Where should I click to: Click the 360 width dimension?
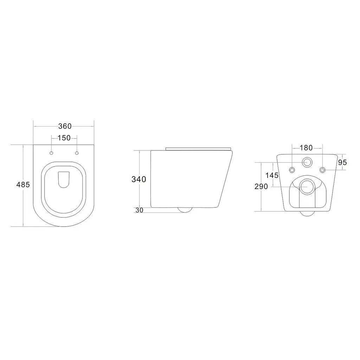click(65, 126)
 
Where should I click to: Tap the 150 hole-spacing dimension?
click(64, 138)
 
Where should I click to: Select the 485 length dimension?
click(23, 185)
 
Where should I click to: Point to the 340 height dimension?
click(139, 179)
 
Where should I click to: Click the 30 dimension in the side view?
click(139, 210)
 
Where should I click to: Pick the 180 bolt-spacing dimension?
click(306, 148)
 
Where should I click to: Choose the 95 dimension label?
click(342, 162)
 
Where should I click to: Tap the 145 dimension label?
click(272, 175)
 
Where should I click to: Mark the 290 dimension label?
click(261, 186)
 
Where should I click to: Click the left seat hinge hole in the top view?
click(51, 153)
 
